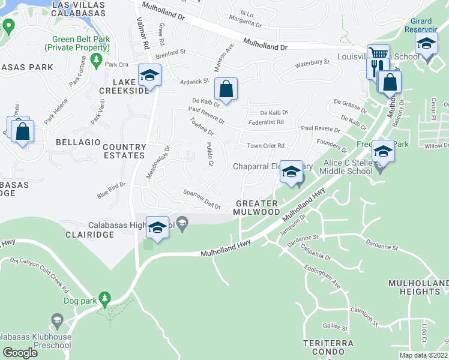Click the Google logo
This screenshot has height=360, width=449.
tap(20, 353)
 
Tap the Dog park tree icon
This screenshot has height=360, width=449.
tap(105, 298)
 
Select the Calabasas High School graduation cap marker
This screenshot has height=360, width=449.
tap(157, 228)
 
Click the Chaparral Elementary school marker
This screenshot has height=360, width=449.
tap(291, 172)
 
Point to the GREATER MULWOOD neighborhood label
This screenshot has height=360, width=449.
tap(258, 208)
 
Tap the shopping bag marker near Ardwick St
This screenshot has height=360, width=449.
tap(226, 90)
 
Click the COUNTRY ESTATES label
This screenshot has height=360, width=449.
tap(124, 151)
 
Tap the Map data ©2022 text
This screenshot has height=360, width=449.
tap(423, 355)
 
